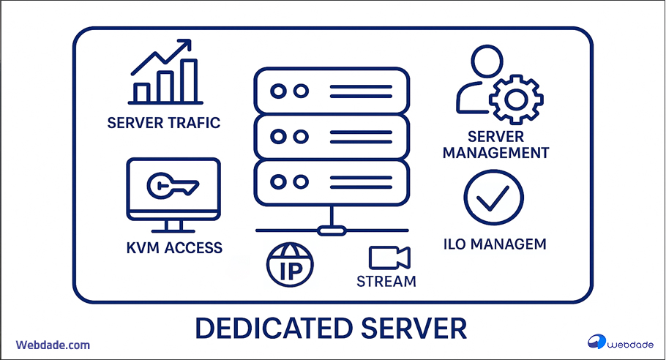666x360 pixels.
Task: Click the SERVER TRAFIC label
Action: pos(163,122)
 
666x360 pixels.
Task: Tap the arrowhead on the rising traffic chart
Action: pos(184,45)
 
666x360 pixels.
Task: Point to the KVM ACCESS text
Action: pos(174,247)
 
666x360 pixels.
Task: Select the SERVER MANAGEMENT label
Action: pos(495,145)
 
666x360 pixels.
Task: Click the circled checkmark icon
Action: pos(493,198)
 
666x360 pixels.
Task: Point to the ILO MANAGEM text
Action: pos(495,244)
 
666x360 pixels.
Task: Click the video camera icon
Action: pos(389,258)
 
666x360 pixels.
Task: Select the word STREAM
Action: pos(386,281)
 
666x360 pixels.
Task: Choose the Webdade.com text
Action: pos(53,344)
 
